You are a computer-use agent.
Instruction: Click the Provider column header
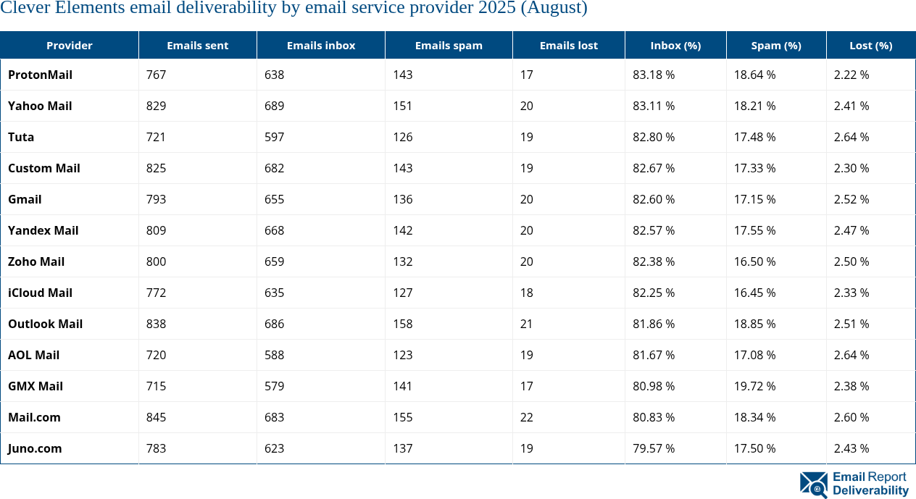point(70,45)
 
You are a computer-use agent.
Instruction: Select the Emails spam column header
point(449,45)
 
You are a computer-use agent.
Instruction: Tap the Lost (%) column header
point(870,45)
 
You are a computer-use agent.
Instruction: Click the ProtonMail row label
point(40,75)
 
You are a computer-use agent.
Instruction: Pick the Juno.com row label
point(35,448)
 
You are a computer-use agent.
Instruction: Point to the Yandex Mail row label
point(43,230)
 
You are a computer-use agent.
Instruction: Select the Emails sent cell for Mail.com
point(156,417)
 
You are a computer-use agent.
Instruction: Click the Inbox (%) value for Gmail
point(654,199)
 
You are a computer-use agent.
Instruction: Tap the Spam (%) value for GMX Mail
point(754,386)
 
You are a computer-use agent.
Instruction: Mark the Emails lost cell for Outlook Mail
point(526,324)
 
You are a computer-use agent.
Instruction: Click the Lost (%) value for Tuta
point(852,137)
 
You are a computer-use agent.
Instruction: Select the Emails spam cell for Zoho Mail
point(402,261)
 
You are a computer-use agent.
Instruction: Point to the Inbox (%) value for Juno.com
point(654,448)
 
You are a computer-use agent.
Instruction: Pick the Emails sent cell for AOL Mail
point(156,355)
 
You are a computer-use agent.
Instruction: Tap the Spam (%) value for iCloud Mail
point(754,293)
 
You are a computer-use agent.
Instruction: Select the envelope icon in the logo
point(813,484)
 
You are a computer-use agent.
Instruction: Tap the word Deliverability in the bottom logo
point(870,490)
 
